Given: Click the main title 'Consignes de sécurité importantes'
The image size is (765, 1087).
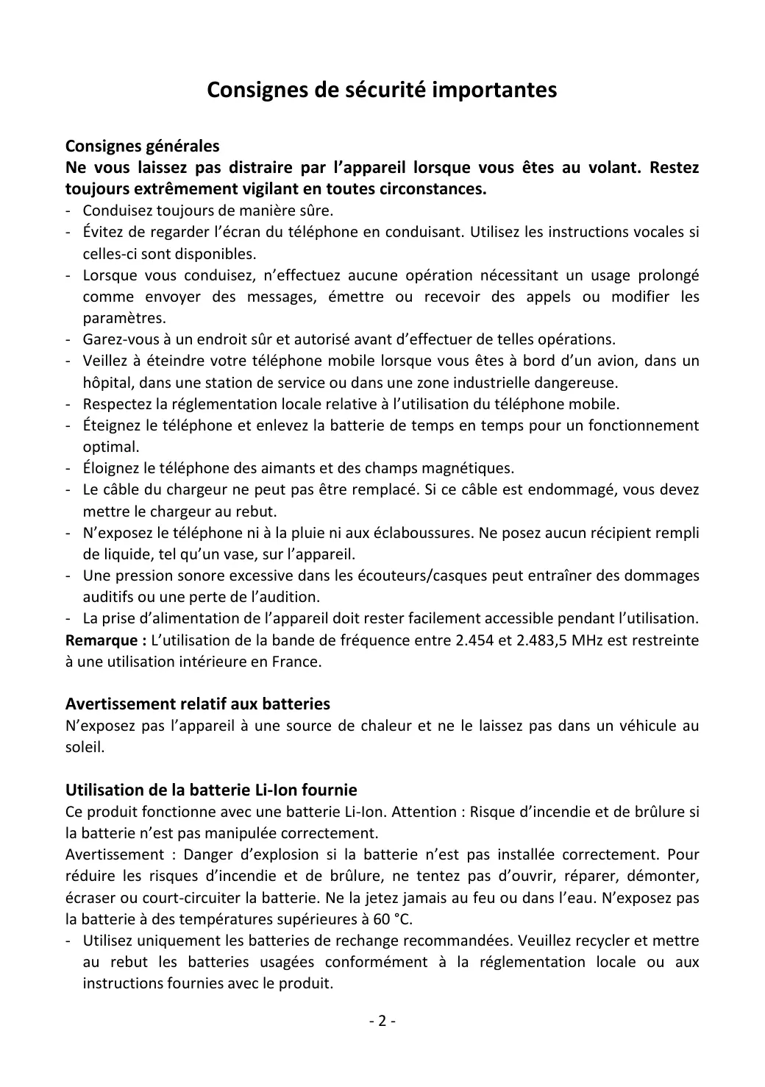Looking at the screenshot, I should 382,90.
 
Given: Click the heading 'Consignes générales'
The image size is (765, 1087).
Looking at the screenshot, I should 142,146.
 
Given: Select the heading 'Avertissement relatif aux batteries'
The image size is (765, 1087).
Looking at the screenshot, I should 198,704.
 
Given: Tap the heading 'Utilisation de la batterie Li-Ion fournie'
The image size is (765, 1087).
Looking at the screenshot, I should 211,790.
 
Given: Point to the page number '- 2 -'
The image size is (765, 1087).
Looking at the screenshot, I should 382,1022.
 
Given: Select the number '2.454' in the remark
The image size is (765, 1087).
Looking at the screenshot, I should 474,640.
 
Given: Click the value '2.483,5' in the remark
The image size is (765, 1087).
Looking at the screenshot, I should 543,640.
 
